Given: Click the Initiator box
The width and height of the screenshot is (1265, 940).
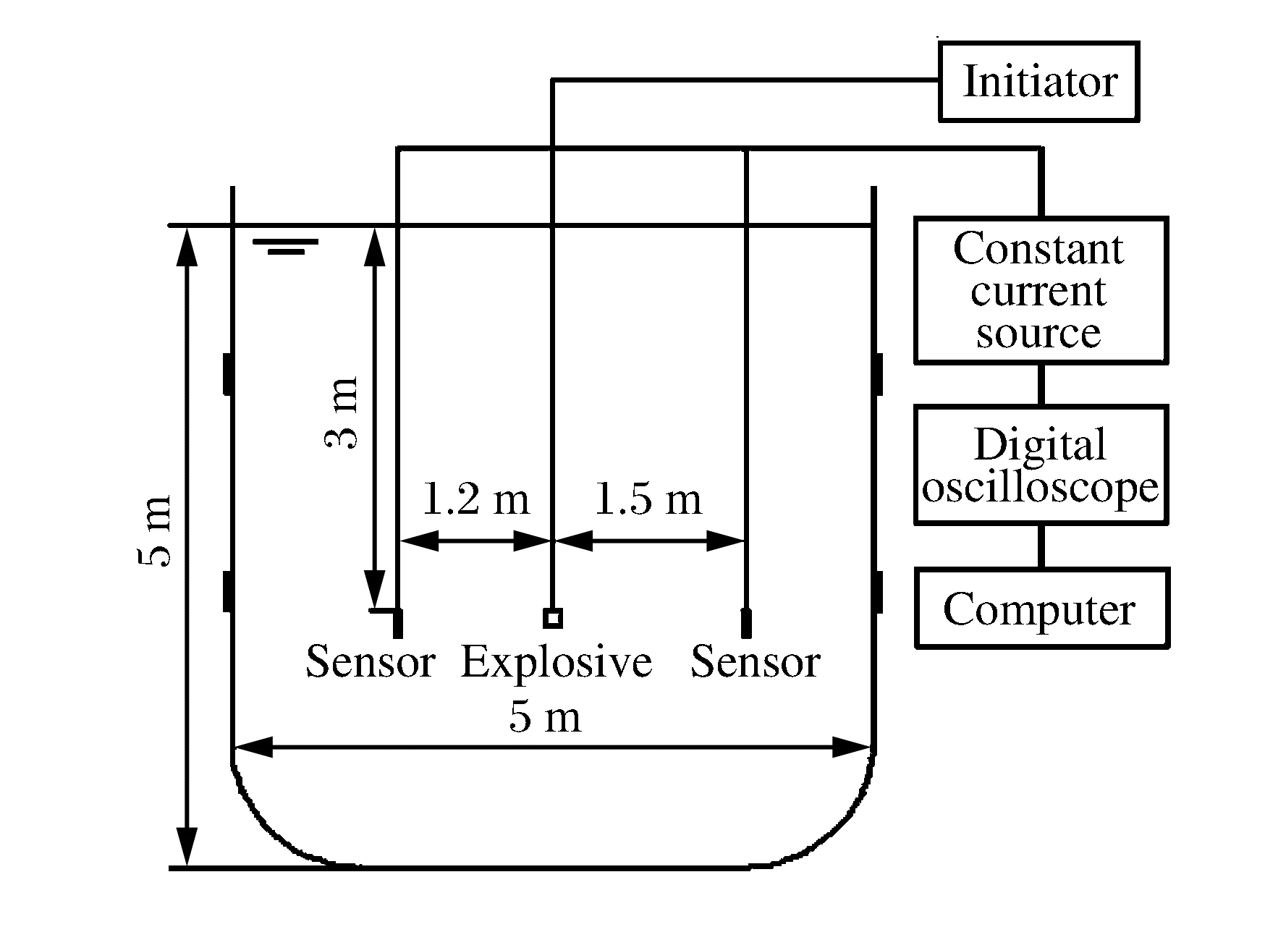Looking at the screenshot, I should pyautogui.click(x=1039, y=81).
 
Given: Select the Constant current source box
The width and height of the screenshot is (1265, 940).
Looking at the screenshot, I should pyautogui.click(x=1041, y=289).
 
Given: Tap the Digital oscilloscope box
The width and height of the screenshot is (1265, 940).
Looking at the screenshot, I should pyautogui.click(x=1041, y=465).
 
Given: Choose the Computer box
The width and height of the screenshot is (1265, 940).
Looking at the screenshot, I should pyautogui.click(x=1041, y=608).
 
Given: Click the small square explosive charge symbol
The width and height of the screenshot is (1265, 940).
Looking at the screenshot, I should pyautogui.click(x=553, y=618).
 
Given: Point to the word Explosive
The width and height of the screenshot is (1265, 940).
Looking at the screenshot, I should pyautogui.click(x=556, y=662).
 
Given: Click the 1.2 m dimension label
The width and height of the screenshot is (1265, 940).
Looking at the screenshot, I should pyautogui.click(x=475, y=499).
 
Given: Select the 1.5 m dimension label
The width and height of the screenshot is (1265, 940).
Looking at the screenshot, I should pyautogui.click(x=648, y=499).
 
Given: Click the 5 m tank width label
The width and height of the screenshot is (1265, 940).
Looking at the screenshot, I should pyautogui.click(x=545, y=717).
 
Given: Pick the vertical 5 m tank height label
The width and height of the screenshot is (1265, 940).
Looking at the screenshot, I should pyautogui.click(x=155, y=531).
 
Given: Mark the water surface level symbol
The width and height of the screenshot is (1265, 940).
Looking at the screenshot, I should pyautogui.click(x=285, y=246).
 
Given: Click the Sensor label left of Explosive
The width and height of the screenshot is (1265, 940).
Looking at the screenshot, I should pyautogui.click(x=370, y=662).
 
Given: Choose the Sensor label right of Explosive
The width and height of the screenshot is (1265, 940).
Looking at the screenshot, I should pyautogui.click(x=756, y=662).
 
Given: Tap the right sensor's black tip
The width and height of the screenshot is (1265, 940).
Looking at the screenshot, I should pyautogui.click(x=746, y=623).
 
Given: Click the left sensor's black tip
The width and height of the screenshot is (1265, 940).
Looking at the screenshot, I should pyautogui.click(x=397, y=623).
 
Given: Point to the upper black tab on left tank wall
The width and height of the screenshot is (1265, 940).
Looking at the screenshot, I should pyautogui.click(x=227, y=373).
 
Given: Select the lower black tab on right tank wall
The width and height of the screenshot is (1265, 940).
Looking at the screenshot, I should pyautogui.click(x=879, y=590).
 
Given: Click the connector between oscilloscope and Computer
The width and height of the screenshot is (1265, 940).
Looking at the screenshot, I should pyautogui.click(x=1041, y=546).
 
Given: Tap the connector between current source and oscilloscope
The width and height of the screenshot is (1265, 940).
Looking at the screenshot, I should pyautogui.click(x=1041, y=384).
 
